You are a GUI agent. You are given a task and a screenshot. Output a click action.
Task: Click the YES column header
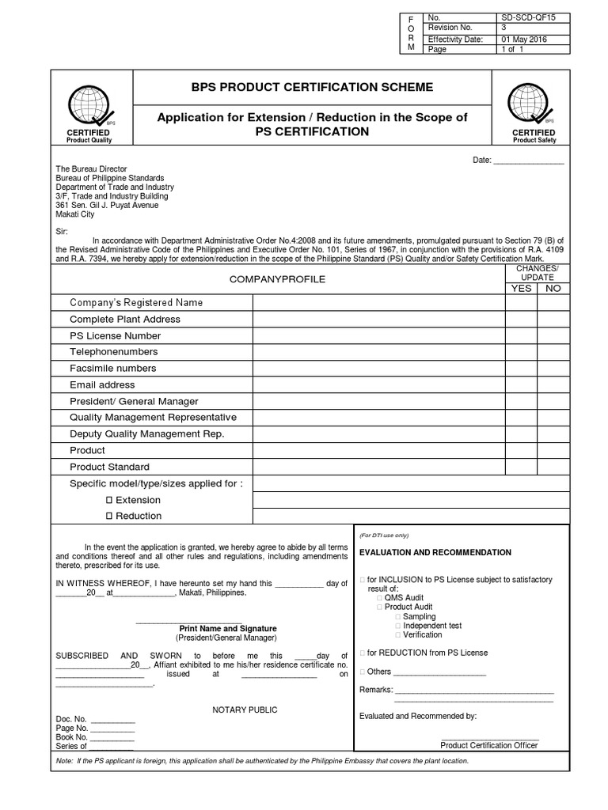pyautogui.click(x=521, y=288)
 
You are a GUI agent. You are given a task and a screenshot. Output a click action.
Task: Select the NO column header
pyautogui.click(x=553, y=288)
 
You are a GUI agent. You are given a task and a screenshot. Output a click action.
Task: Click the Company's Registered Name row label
pyautogui.click(x=136, y=303)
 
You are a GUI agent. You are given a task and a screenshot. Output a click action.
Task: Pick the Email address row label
pyautogui.click(x=102, y=385)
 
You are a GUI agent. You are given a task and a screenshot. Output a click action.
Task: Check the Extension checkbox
pyautogui.click(x=109, y=500)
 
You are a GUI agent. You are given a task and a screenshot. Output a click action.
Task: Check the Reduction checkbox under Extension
pyautogui.click(x=109, y=516)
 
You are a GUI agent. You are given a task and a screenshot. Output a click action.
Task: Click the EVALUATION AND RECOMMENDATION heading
pyautogui.click(x=435, y=552)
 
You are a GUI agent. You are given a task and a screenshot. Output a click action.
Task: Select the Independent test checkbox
pyautogui.click(x=397, y=626)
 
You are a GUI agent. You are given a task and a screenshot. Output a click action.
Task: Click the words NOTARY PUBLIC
pyautogui.click(x=245, y=710)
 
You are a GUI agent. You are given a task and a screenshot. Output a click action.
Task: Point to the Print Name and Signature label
pyautogui.click(x=226, y=628)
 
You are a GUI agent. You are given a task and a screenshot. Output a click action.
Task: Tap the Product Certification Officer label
pyautogui.click(x=488, y=745)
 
